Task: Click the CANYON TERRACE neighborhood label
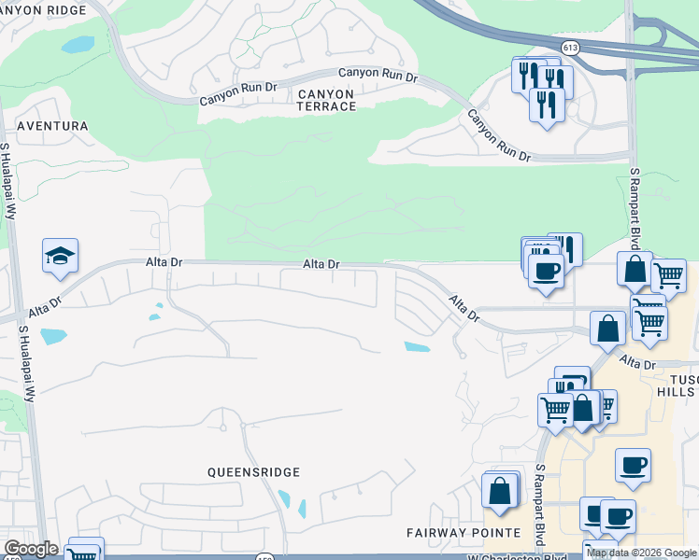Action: tap(326, 100)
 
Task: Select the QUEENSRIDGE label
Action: tap(253, 473)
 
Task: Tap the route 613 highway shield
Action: tap(569, 46)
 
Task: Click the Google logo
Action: tap(31, 549)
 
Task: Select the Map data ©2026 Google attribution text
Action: tap(641, 553)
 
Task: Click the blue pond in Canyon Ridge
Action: tap(78, 44)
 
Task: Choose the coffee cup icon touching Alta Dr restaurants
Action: tap(546, 271)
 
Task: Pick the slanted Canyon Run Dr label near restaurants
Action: tap(499, 136)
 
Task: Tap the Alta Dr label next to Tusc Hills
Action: tap(637, 362)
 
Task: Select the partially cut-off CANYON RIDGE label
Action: tap(43, 9)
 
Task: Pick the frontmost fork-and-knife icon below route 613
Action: tap(547, 103)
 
